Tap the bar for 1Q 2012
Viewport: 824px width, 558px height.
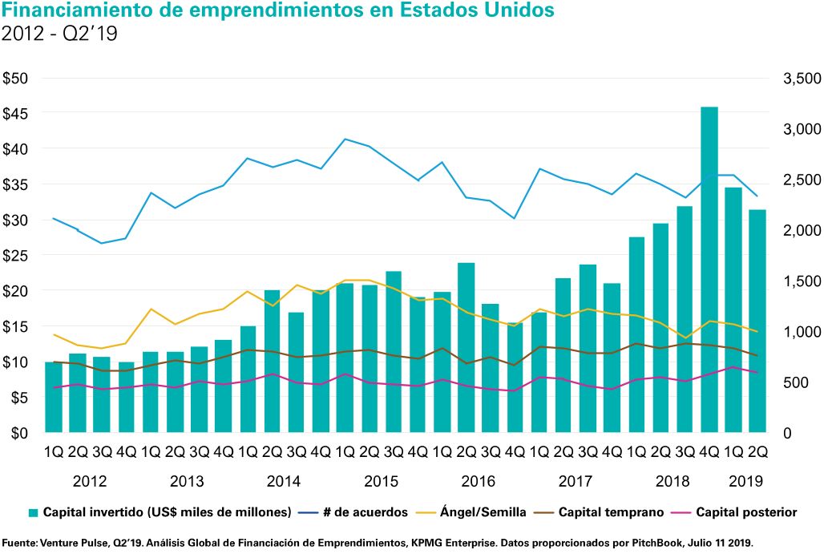tap(54, 397)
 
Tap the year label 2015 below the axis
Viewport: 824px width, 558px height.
tap(381, 482)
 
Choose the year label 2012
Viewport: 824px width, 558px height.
tap(90, 482)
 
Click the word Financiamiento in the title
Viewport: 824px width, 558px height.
tap(81, 11)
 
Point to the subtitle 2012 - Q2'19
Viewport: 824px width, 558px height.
tap(60, 34)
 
